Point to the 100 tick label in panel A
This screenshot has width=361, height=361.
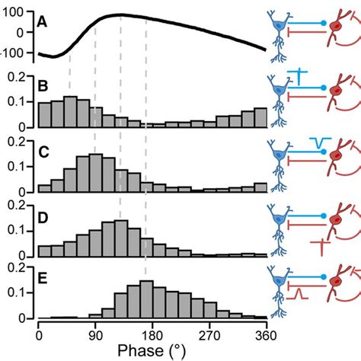(24, 14)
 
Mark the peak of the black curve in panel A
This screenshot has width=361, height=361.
(120, 14)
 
